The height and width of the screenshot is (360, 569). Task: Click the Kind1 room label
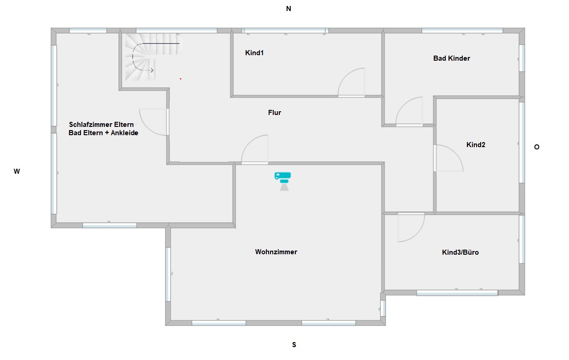(254, 53)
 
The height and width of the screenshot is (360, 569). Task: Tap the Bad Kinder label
(452, 58)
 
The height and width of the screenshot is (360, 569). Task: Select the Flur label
(275, 113)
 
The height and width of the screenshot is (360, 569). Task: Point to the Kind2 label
(476, 145)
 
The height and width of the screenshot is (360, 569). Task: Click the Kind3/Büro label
(460, 252)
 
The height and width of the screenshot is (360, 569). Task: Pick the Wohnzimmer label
(276, 252)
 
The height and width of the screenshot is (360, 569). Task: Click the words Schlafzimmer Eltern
(101, 125)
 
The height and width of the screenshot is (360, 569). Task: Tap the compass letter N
(288, 9)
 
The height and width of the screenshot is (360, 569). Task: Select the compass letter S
(294, 345)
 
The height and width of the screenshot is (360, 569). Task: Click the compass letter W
(17, 171)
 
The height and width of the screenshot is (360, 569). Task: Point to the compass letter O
(537, 147)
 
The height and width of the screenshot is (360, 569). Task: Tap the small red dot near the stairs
(181, 79)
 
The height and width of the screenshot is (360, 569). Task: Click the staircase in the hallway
(152, 57)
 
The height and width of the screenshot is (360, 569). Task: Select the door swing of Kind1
(351, 82)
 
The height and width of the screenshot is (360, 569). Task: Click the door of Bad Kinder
(409, 111)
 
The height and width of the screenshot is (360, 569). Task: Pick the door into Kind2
(448, 158)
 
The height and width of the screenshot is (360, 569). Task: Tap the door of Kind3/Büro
(411, 228)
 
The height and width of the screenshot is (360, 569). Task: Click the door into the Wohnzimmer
(254, 149)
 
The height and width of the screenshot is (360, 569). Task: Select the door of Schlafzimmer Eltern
(154, 122)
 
